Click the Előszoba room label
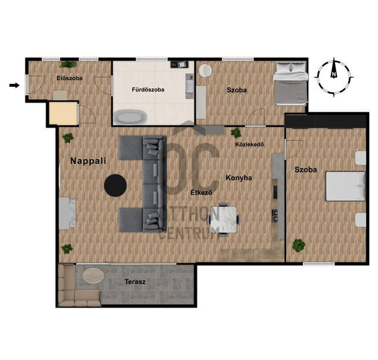coord(69,78)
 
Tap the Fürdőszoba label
coord(148,90)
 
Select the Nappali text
coord(88,161)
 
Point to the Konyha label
coord(239,178)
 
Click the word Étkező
coord(201,193)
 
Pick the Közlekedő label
coord(249,144)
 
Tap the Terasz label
coord(135,282)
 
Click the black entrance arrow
coord(15,85)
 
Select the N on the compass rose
coord(333,74)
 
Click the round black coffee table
coord(115,186)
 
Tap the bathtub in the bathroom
coord(130,117)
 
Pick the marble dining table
coord(224,220)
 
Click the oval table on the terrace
coord(93,275)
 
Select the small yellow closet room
coord(63,113)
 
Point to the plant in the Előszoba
coord(69,65)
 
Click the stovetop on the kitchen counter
coord(275,216)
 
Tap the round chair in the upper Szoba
coord(205,70)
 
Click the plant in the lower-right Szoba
coord(299,245)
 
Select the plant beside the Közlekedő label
coord(235,133)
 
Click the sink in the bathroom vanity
coord(190,86)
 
